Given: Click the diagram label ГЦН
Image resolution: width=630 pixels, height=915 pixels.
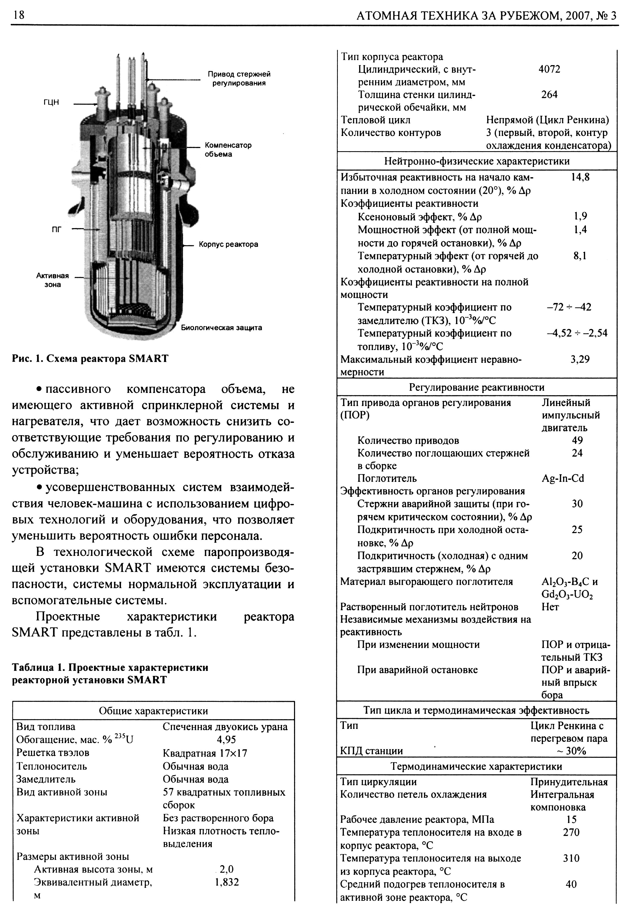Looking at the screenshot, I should (51, 102).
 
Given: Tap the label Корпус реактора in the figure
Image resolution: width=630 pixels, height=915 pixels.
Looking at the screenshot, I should (228, 244).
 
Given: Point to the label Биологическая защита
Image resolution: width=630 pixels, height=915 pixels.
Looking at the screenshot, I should (222, 328).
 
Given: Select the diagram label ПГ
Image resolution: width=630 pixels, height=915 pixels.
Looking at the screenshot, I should (57, 229).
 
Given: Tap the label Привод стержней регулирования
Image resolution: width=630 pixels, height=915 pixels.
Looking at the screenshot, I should (239, 78).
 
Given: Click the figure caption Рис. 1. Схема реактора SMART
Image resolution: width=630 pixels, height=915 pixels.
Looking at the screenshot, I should (90, 359).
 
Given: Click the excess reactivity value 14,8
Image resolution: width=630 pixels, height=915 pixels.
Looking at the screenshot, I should (580, 177).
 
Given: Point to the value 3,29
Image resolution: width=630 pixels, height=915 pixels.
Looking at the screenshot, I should (580, 359).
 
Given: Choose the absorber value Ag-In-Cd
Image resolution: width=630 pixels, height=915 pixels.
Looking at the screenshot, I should (563, 478).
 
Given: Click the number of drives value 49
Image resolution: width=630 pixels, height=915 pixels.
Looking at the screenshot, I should (577, 440).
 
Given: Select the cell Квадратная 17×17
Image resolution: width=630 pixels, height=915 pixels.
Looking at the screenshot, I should (205, 753).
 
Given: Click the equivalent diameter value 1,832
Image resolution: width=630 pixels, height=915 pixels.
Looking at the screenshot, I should (227, 882).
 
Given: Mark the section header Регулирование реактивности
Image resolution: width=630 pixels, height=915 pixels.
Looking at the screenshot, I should (476, 387).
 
